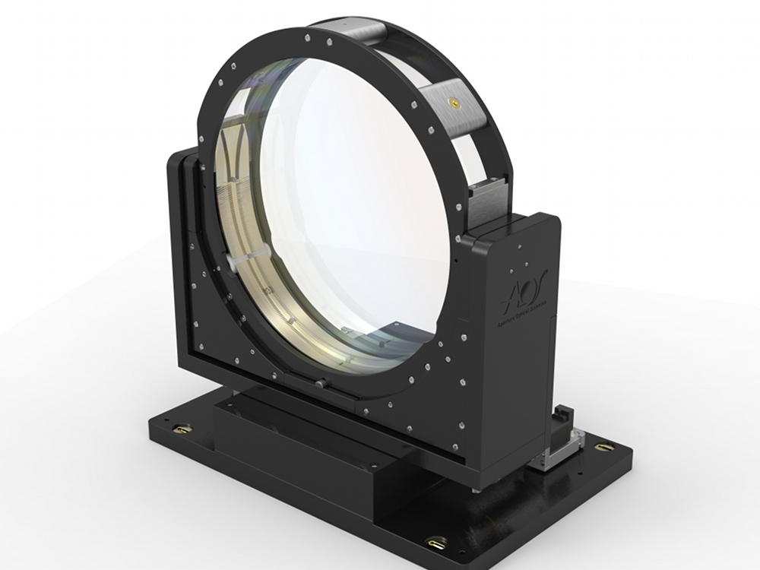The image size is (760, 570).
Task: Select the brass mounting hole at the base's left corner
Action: tap(182, 429)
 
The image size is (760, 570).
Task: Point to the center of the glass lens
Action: tap(346, 205)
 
